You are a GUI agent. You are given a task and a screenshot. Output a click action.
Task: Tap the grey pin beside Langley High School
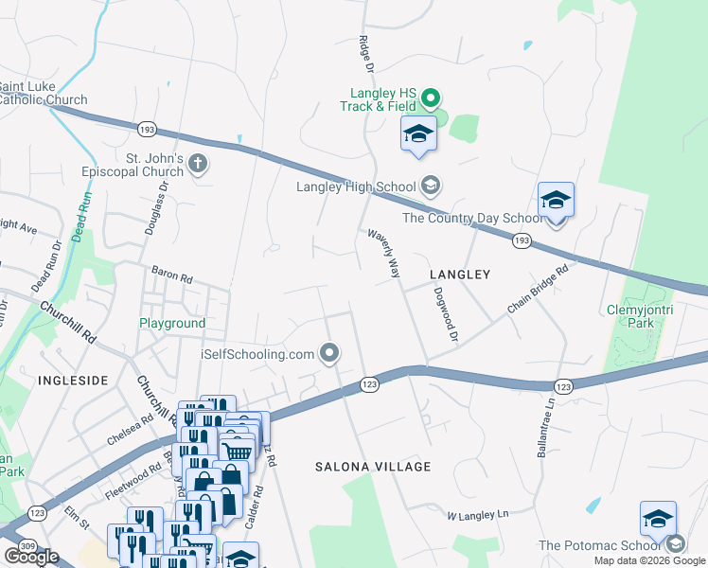click(x=431, y=186)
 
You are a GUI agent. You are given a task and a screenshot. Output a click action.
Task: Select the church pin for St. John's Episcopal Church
click(x=198, y=165)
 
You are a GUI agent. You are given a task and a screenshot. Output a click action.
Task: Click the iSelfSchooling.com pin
click(x=330, y=354)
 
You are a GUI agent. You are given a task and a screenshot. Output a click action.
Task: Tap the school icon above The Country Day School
click(x=556, y=201)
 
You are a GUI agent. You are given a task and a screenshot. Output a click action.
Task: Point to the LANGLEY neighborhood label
click(x=460, y=275)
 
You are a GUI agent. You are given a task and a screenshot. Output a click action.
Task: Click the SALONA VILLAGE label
click(x=373, y=467)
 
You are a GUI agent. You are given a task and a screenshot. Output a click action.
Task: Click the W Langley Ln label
click(x=477, y=515)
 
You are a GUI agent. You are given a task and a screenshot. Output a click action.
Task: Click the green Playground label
click(x=172, y=323)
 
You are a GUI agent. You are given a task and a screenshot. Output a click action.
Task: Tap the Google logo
click(x=31, y=556)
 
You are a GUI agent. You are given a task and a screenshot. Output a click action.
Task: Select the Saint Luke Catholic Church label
click(x=44, y=93)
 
